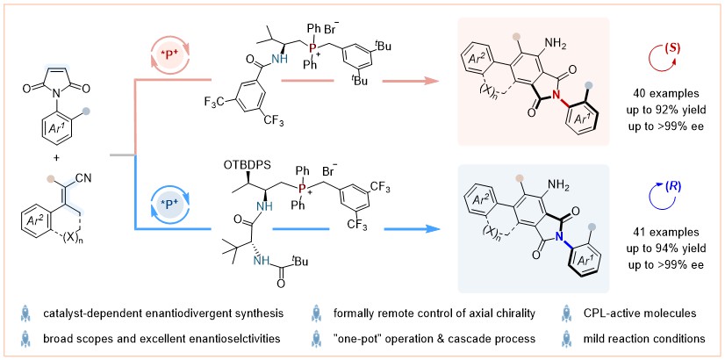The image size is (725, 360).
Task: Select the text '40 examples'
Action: pos(659,92)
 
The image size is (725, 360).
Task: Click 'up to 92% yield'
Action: pos(659,108)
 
